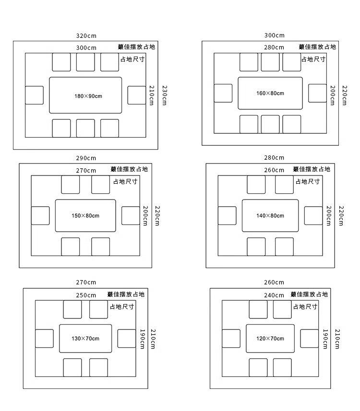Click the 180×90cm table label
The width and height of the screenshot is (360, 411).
(x=88, y=96)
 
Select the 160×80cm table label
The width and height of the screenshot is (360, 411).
(x=270, y=93)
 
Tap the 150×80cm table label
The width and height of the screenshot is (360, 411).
(x=85, y=216)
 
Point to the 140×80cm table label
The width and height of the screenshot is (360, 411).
(x=270, y=216)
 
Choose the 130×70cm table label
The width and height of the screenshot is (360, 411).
(x=85, y=339)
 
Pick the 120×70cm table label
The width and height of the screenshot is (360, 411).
(x=270, y=339)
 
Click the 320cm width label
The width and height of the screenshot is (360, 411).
(x=86, y=35)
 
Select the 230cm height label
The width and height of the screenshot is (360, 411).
(x=164, y=96)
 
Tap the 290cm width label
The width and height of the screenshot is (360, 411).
(x=86, y=158)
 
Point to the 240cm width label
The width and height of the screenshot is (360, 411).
(x=274, y=295)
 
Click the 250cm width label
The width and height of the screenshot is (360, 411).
(x=86, y=295)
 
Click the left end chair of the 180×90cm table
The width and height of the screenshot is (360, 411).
(x=34, y=95)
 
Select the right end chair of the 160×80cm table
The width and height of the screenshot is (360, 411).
(x=317, y=93)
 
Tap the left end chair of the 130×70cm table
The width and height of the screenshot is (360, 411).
(x=44, y=338)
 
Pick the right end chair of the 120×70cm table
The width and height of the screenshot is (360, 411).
(x=310, y=338)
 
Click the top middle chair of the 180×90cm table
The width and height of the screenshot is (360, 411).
(x=85, y=62)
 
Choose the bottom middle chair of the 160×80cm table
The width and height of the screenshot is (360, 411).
(x=270, y=124)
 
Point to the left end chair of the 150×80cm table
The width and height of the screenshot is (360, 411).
(x=40, y=215)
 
